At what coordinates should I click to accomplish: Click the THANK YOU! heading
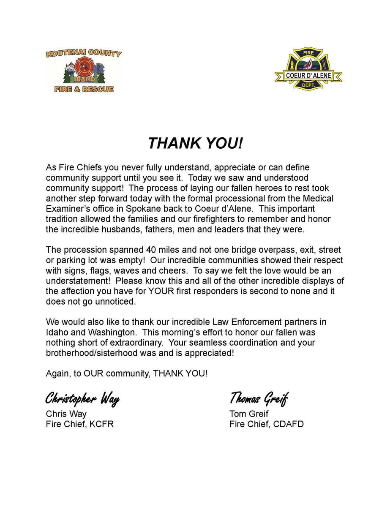click(195, 144)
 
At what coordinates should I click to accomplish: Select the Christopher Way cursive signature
click(82, 398)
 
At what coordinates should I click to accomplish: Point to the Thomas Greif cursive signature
click(258, 398)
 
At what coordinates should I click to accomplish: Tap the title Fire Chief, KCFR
click(80, 424)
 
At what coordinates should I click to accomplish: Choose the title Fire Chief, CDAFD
click(267, 424)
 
